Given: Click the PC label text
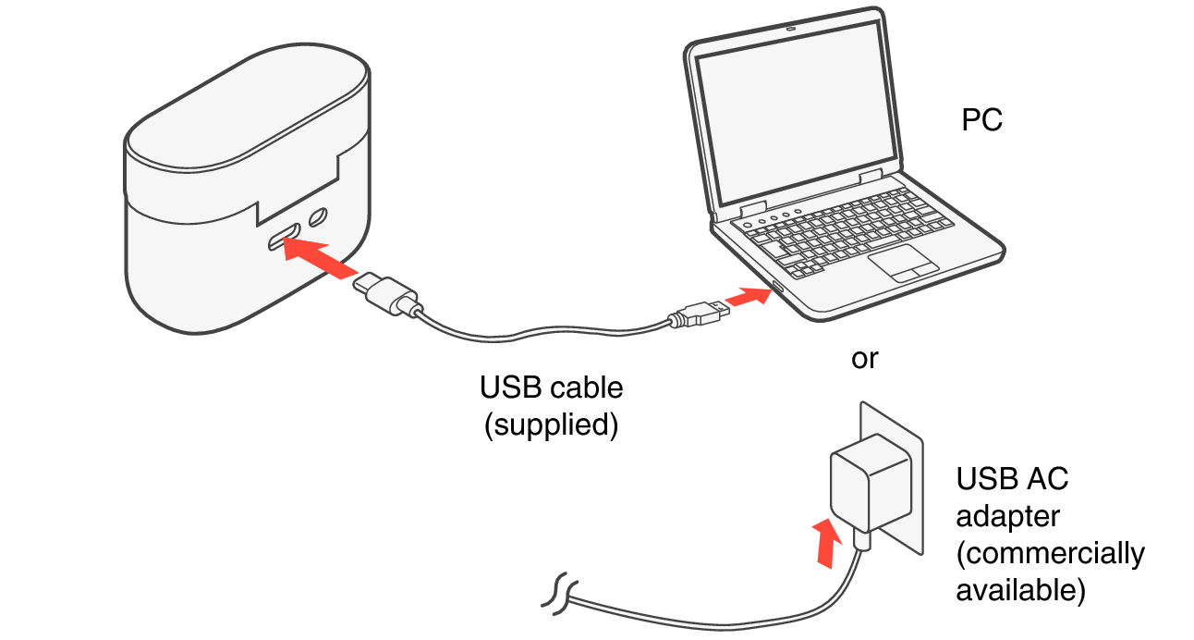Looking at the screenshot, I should click(x=981, y=120).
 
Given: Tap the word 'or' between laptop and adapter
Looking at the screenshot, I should click(x=864, y=360).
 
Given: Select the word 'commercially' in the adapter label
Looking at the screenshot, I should click(x=1050, y=554).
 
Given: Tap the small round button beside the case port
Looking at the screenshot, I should click(x=318, y=218).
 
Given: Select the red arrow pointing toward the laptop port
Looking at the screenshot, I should click(x=748, y=298).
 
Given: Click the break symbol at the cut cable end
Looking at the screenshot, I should click(x=560, y=593).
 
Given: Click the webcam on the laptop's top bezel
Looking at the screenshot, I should click(x=791, y=28).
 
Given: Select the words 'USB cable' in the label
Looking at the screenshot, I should click(x=551, y=388).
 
